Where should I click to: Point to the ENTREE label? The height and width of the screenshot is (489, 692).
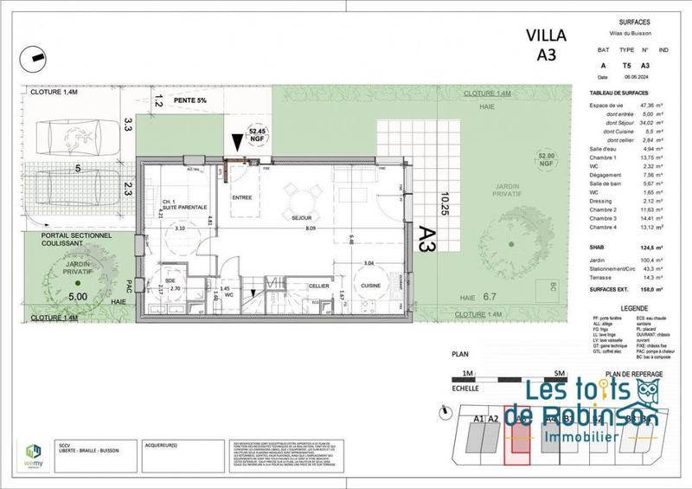click(241, 197)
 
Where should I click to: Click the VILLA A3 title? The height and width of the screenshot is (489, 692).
click(547, 44)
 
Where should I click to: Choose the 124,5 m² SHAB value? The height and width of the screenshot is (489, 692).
click(649, 247)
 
